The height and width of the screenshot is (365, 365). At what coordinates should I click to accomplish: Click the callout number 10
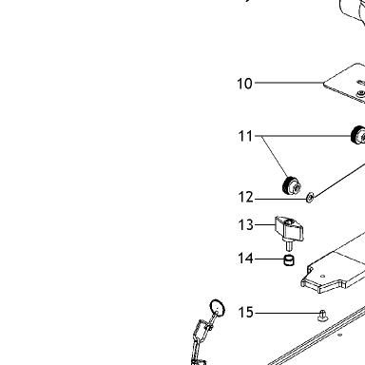pos(244,84)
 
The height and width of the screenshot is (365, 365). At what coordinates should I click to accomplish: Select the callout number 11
pos(245,136)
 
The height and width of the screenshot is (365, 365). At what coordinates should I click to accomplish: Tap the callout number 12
pos(245,198)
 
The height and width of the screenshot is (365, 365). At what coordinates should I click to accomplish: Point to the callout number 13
pos(245,225)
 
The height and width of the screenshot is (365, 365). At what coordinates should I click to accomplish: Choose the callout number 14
pos(245,259)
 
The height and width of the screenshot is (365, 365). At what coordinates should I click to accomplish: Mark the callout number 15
pos(245,313)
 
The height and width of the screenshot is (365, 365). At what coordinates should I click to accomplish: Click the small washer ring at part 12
pos(310,199)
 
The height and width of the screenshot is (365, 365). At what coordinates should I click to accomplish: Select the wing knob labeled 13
pos(289,229)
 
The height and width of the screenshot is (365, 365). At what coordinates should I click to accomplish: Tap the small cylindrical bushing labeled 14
pos(289,260)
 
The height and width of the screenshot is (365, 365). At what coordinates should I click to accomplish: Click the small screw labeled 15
pos(322,316)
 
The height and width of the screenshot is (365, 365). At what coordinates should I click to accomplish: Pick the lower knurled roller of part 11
pos(291,185)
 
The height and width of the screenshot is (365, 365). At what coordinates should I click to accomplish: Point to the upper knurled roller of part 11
pos(358,135)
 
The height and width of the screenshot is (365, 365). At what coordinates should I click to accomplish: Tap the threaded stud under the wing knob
pos(289,246)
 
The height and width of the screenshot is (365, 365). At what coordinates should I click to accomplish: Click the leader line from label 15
pos(287,313)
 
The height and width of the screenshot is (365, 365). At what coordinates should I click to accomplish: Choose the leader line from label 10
pos(289,83)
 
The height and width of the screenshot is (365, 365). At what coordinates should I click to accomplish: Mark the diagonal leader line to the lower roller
pos(275,157)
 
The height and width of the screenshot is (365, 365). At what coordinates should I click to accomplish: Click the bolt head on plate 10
pos(361,93)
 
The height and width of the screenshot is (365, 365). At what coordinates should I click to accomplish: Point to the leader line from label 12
pos(280,199)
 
